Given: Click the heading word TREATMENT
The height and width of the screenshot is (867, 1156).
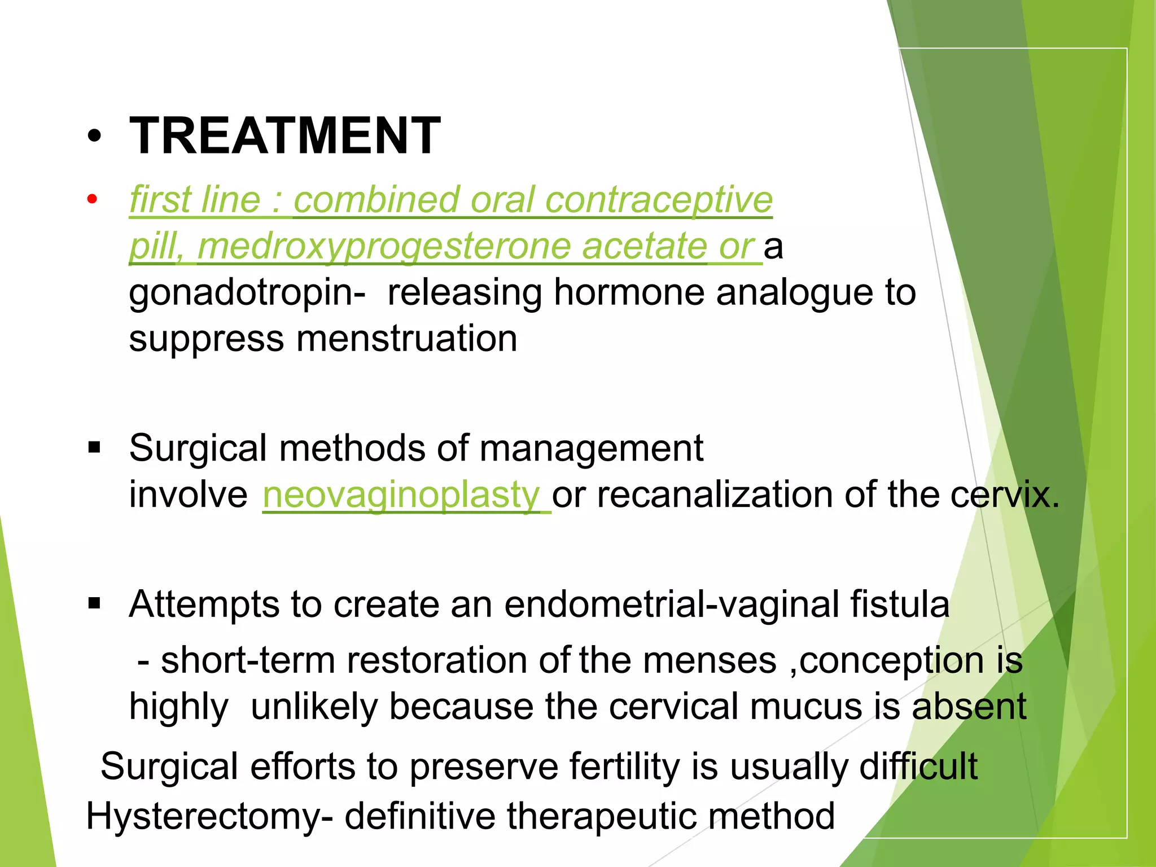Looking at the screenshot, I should tap(285, 136).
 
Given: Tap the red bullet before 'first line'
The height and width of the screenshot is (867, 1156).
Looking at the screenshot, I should tap(93, 199).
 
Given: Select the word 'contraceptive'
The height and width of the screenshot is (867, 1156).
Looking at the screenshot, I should tap(659, 200).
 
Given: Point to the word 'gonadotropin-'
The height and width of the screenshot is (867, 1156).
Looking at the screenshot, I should tap(247, 292).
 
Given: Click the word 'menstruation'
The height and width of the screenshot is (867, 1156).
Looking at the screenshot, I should tap(406, 339).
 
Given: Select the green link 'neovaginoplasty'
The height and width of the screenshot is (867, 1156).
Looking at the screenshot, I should tap(401, 495).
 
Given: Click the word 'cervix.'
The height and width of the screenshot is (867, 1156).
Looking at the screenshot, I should tap(1005, 495).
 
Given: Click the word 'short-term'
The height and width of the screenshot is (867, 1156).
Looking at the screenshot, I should tap(248, 660).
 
